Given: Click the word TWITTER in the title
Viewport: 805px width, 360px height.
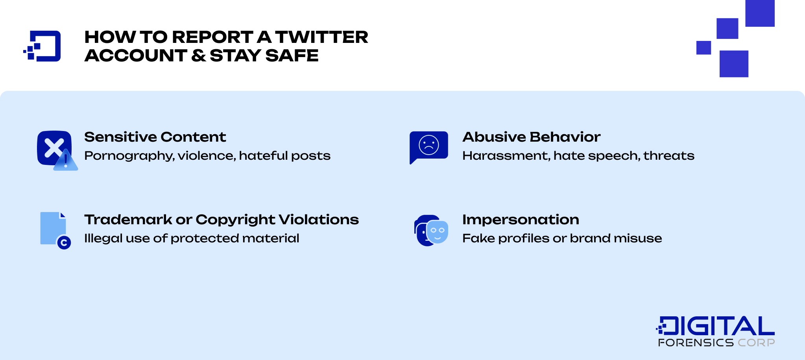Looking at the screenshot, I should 321,37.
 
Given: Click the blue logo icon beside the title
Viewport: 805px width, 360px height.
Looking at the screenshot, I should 42,46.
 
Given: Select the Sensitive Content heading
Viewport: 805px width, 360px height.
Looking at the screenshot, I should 155,137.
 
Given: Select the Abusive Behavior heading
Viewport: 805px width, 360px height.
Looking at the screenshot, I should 531,137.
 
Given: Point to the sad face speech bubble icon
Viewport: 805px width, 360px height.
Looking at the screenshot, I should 428,146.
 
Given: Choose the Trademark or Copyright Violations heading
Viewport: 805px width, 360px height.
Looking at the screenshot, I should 221,220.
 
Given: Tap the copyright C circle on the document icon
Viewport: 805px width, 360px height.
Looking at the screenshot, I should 64,243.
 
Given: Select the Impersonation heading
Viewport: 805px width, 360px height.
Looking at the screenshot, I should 521,220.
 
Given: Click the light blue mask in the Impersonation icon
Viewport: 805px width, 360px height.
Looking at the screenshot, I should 438,232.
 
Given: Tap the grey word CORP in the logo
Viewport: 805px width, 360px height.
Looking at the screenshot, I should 756,343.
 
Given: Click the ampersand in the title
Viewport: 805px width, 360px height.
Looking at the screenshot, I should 198,55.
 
